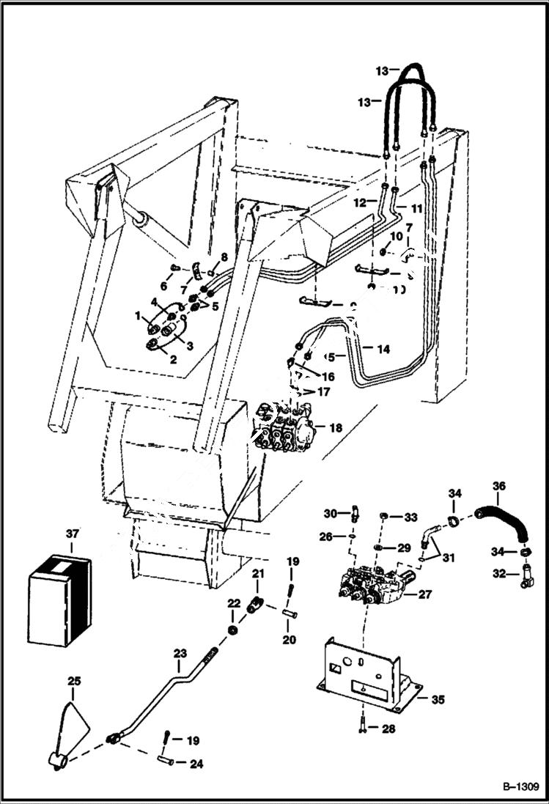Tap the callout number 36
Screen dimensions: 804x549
click(499, 487)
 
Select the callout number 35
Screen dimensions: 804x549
click(438, 700)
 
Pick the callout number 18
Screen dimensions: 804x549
click(335, 427)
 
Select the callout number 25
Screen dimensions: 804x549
click(74, 682)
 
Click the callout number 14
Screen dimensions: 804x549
click(383, 350)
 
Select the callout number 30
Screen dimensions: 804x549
click(330, 513)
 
